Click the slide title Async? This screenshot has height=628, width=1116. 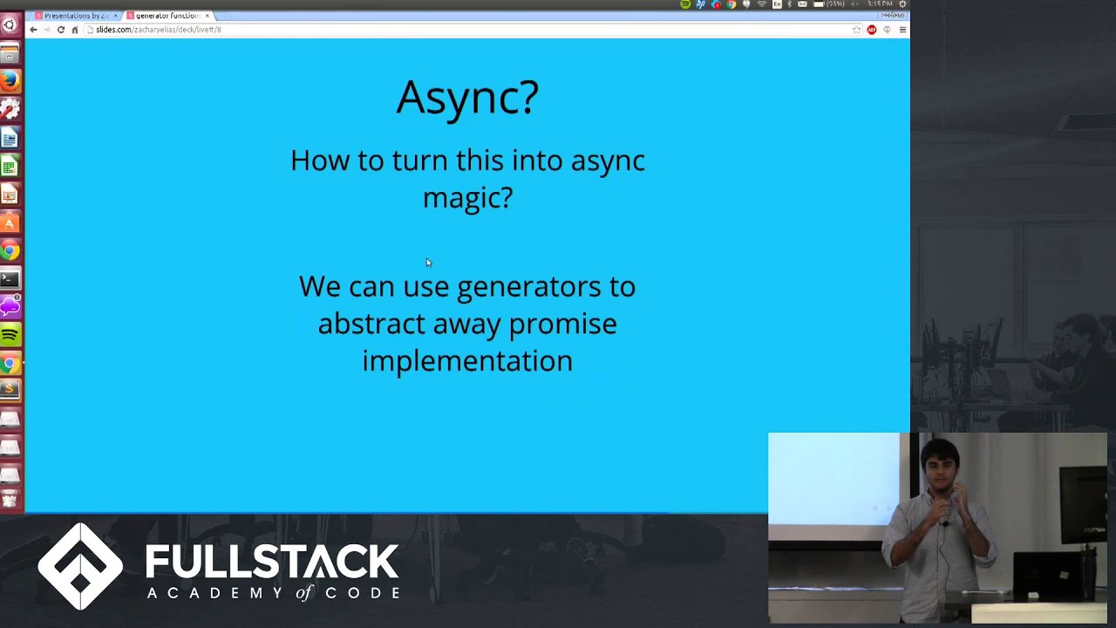tap(467, 97)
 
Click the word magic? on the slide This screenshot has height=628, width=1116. tap(467, 198)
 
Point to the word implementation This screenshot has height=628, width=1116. tap(467, 361)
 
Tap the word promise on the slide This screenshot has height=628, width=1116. tap(562, 324)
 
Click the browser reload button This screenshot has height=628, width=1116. tap(60, 30)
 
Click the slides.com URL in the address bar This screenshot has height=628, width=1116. tap(158, 30)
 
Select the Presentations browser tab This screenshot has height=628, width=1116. tap(75, 16)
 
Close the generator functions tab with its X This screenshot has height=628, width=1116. tap(207, 16)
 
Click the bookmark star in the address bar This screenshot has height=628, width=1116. tap(856, 30)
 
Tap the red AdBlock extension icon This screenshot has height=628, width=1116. tap(871, 30)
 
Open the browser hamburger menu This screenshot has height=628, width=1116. tap(902, 30)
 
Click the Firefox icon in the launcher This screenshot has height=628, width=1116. tap(10, 80)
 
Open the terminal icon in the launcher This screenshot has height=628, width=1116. tap(10, 279)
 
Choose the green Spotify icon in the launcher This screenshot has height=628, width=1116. tap(10, 335)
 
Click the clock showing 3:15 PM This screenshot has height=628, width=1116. tap(879, 4)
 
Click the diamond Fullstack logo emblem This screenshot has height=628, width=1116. tap(80, 566)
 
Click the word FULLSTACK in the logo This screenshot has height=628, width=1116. tap(272, 563)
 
